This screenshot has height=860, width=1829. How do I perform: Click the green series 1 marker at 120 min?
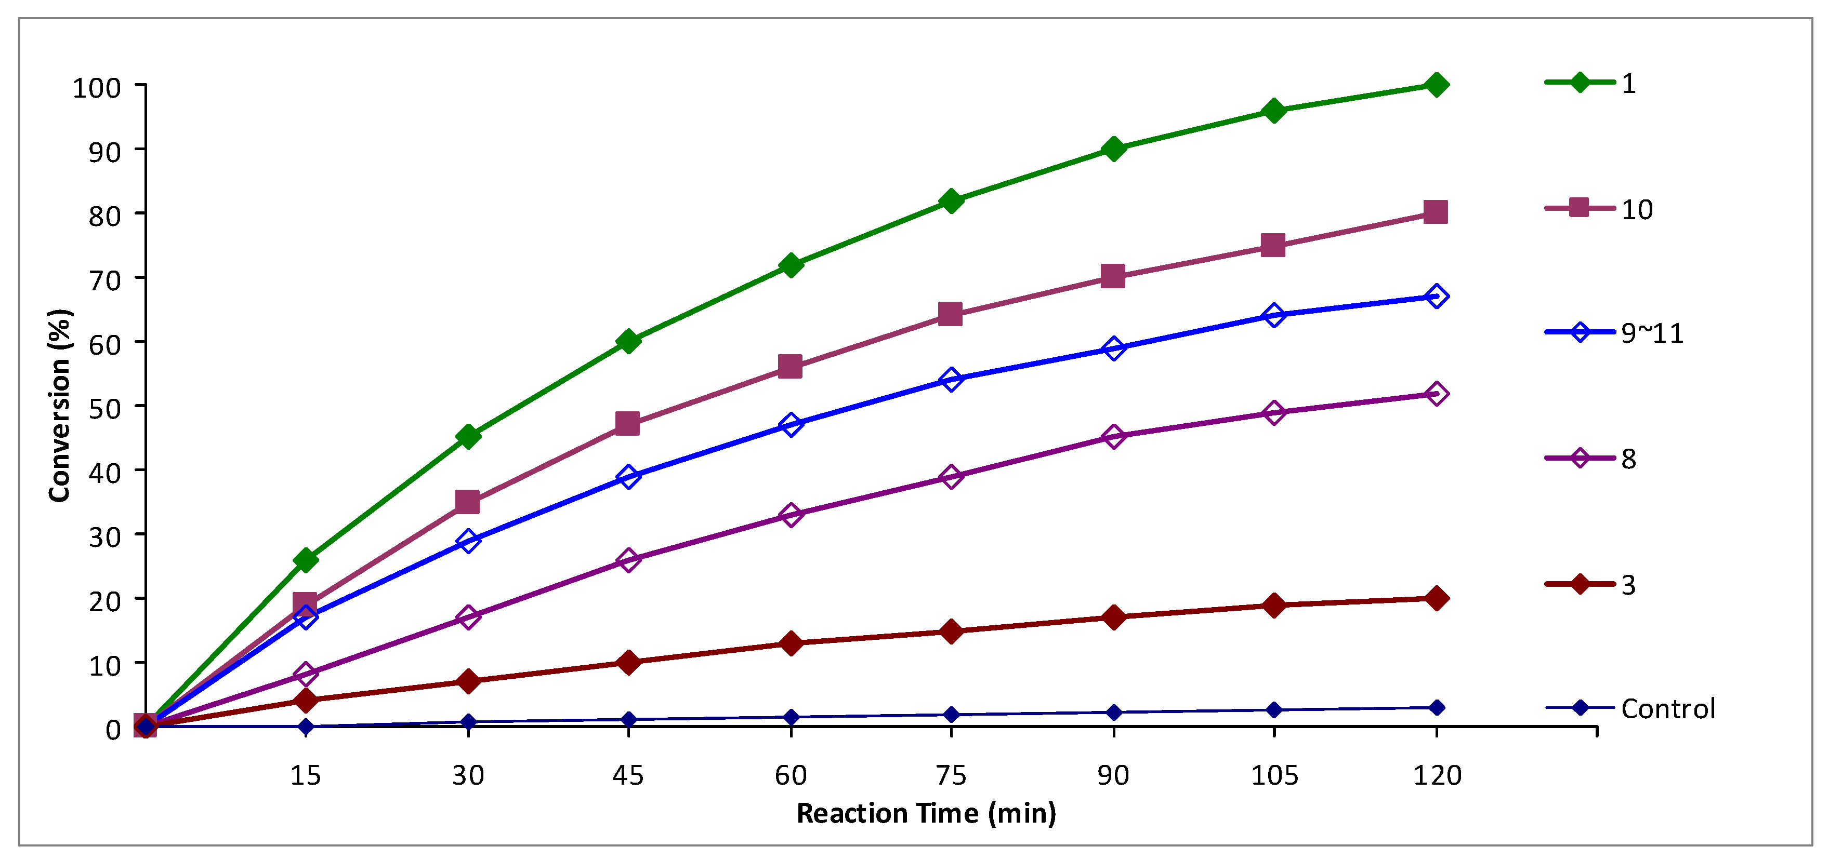pos(1436,85)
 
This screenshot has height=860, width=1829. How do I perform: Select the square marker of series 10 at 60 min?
pos(790,367)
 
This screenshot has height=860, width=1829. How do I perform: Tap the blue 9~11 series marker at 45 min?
pos(628,476)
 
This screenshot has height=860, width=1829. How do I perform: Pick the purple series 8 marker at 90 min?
pos(1113,436)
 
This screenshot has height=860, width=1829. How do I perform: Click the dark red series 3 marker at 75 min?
pos(952,631)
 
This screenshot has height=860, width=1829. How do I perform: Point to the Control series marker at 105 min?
pos(1274,709)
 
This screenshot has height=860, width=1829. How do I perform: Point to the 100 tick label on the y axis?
pos(97,88)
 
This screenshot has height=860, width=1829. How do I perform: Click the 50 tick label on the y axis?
pos(104,409)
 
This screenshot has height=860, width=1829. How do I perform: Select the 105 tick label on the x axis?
pos(1274,775)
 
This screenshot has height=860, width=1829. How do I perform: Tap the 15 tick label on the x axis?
pos(305,775)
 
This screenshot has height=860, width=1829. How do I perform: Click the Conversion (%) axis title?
pos(60,406)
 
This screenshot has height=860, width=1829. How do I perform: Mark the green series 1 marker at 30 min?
pos(468,436)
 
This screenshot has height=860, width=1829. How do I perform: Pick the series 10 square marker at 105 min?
pos(1273,246)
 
